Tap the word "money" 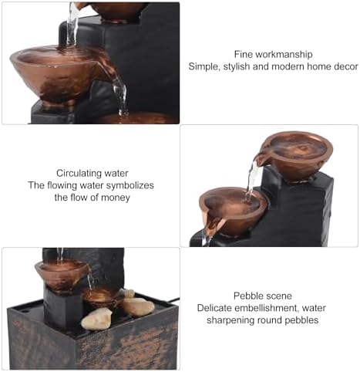click(114, 197)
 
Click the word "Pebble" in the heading click(248, 296)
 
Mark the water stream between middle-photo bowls click(251, 179)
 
